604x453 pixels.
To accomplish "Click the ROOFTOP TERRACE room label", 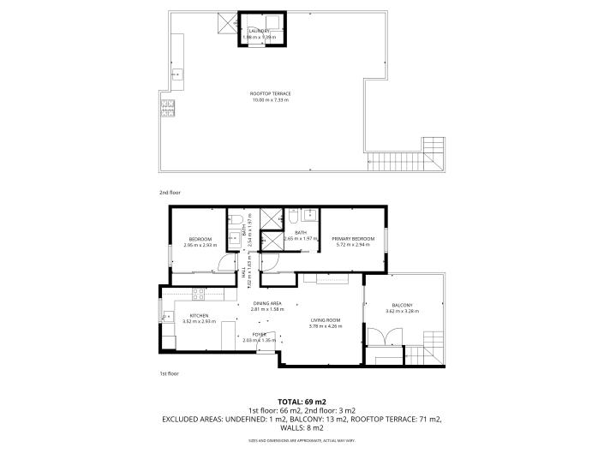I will tap(270, 93).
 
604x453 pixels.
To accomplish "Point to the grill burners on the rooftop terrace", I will tap(167, 108).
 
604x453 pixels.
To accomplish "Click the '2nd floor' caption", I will tap(170, 193).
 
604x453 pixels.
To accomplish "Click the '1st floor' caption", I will tap(170, 373).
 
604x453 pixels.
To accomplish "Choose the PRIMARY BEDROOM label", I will tap(354, 239).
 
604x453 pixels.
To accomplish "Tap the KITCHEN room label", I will tap(199, 315).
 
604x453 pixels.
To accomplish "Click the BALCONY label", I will tap(402, 305).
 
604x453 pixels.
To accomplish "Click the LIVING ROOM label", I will tap(326, 319).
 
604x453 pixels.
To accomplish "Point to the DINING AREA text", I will tap(266, 303).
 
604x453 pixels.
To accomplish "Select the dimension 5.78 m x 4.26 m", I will tap(326, 326).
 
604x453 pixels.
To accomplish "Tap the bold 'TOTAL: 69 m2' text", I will tap(302, 402).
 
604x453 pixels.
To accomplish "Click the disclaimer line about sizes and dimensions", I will tap(302, 440).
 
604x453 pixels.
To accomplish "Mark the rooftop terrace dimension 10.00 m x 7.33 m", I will tap(270, 100).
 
